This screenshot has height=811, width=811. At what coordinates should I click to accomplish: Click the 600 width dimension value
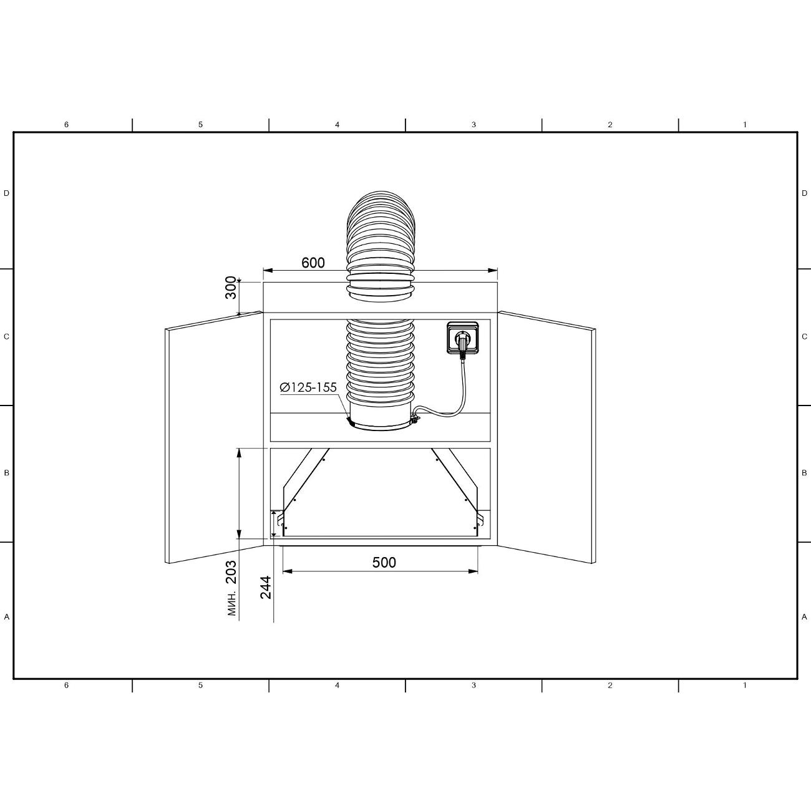click(313, 263)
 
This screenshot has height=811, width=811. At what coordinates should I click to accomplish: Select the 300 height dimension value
click(231, 288)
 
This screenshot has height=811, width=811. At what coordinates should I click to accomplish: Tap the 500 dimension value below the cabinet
click(384, 562)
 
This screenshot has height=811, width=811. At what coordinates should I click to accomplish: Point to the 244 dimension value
click(266, 587)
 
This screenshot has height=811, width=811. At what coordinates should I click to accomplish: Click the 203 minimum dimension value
click(231, 572)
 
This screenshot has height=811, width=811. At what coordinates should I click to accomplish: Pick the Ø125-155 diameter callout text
click(308, 387)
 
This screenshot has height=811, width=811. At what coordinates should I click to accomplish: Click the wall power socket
click(462, 338)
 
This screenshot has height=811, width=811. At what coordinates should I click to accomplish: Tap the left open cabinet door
click(214, 437)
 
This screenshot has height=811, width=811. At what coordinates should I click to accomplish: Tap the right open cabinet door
click(546, 437)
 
